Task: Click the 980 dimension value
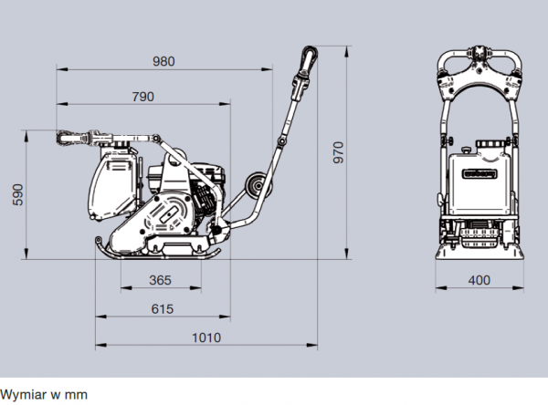tap(163, 61)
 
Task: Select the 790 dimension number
tap(142, 96)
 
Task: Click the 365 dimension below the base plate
tap(160, 280)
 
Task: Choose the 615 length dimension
tap(162, 308)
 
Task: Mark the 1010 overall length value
tap(205, 337)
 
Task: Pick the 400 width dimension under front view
tap(479, 280)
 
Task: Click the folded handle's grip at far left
tap(68, 139)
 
